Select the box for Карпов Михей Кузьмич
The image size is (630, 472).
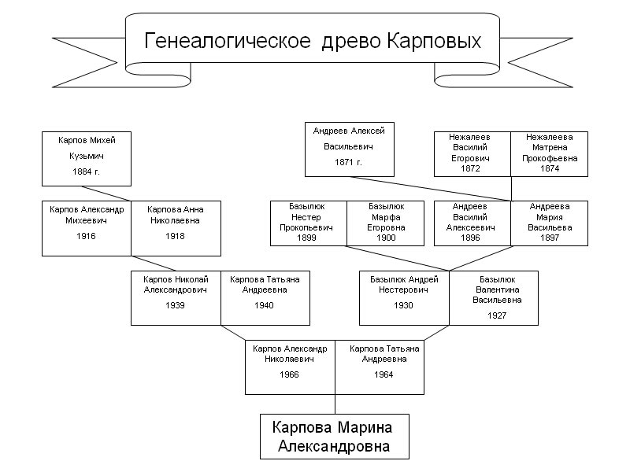(87, 155)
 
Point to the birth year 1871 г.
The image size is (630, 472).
(349, 162)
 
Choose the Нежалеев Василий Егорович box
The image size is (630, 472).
(472, 153)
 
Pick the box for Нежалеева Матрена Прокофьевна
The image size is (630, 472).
(550, 153)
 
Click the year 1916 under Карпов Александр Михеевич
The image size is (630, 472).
(87, 236)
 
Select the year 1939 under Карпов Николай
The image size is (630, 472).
(176, 305)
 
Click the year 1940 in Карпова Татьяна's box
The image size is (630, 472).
(265, 305)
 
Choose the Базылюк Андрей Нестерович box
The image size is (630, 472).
(404, 297)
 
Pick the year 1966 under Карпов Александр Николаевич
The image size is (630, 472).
(290, 374)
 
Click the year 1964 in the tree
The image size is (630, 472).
(384, 374)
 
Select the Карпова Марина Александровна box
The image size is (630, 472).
(335, 437)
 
